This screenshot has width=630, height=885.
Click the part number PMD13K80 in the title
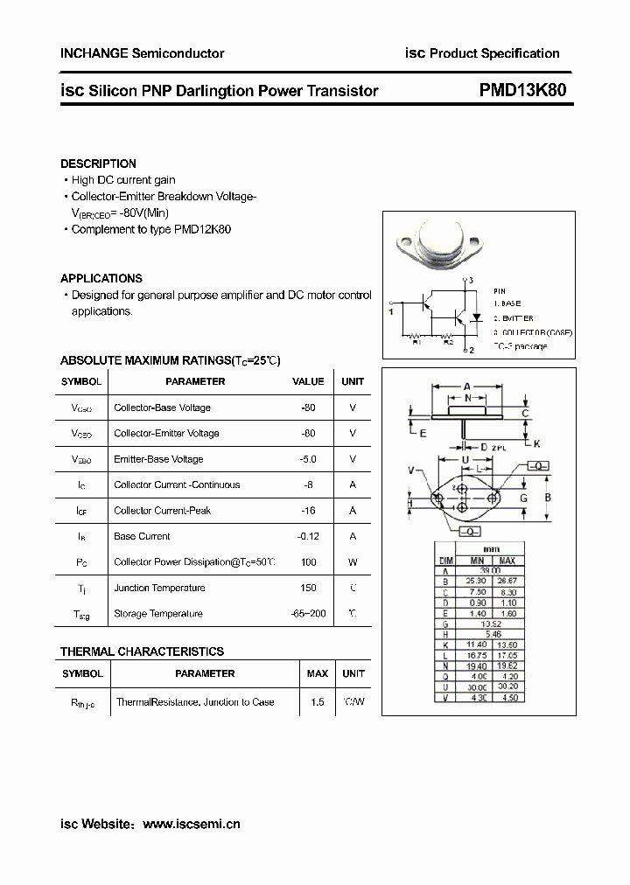(x=527, y=91)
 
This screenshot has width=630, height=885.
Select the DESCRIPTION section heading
(x=98, y=164)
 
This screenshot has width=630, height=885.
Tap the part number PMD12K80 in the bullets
(x=203, y=229)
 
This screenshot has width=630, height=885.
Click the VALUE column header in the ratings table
(x=308, y=381)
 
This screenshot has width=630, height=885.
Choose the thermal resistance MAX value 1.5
(x=317, y=702)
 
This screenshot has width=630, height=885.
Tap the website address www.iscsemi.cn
(x=191, y=824)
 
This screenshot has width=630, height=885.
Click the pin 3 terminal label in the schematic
(x=470, y=280)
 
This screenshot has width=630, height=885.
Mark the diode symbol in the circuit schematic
(x=477, y=317)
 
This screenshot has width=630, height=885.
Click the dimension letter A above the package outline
(x=467, y=386)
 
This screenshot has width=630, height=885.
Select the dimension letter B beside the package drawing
(x=548, y=498)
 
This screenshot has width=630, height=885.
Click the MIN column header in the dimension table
(x=477, y=561)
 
